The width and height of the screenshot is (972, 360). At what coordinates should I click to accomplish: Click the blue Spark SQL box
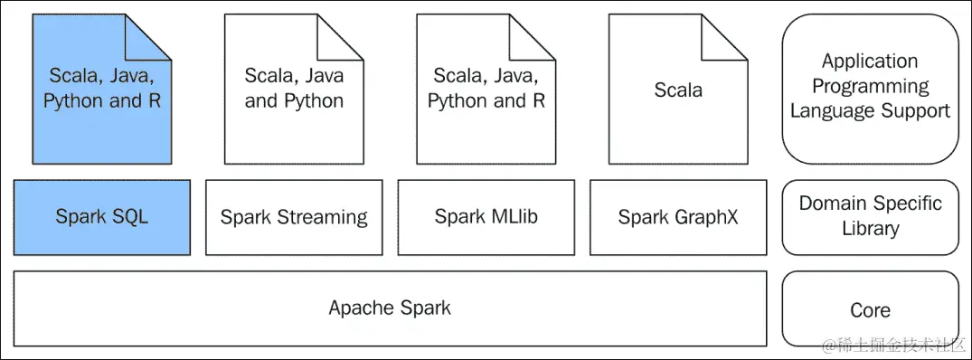[101, 217]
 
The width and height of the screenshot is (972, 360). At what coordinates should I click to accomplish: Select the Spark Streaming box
[294, 217]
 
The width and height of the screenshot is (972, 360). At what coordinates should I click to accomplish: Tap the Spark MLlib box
[486, 217]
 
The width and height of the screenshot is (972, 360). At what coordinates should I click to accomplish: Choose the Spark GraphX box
[678, 217]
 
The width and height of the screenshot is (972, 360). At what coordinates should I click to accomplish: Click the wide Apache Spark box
[390, 308]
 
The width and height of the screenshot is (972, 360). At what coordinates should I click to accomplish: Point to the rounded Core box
[870, 309]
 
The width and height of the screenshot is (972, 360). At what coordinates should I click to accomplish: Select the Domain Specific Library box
[870, 216]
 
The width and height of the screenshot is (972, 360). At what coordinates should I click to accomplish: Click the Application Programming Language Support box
[870, 87]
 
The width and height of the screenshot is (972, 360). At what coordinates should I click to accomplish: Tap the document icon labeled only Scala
[678, 90]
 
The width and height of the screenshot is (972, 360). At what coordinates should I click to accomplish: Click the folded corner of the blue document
[155, 31]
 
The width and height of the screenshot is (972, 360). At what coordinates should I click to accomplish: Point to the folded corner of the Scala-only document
[731, 31]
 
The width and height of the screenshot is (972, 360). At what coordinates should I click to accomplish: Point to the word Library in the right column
[870, 228]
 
